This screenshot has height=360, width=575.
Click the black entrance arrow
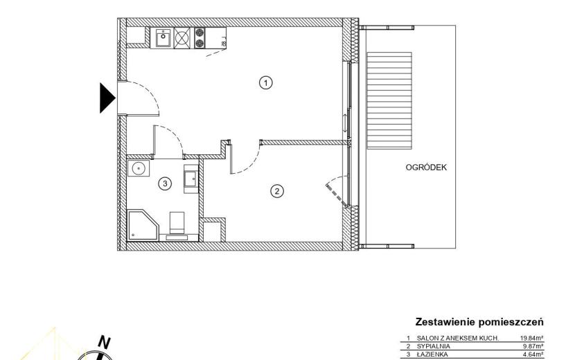click(x=107, y=98)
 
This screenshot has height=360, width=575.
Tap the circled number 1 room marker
click(x=266, y=82)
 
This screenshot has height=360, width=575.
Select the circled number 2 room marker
click(x=277, y=191)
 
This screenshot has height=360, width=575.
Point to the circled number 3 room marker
click(x=165, y=183)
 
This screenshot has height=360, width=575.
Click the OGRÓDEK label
click(x=426, y=168)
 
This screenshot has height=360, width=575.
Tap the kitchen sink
click(x=163, y=38)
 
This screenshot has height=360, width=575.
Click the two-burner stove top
click(x=200, y=38)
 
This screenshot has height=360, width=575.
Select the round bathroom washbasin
click(x=139, y=169)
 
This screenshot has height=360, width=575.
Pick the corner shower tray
click(x=143, y=226)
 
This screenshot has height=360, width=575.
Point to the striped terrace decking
click(x=389, y=100)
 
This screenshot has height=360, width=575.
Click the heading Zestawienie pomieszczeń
click(x=479, y=322)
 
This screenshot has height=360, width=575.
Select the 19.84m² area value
click(x=532, y=338)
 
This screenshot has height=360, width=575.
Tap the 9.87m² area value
click(x=533, y=346)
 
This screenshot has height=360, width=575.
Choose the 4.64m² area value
click(x=533, y=354)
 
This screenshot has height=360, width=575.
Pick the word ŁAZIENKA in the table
click(x=432, y=354)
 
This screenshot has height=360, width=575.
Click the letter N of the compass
click(x=105, y=343)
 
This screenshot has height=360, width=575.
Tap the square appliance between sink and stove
click(x=183, y=38)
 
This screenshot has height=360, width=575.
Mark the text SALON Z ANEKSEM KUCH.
click(x=458, y=338)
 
